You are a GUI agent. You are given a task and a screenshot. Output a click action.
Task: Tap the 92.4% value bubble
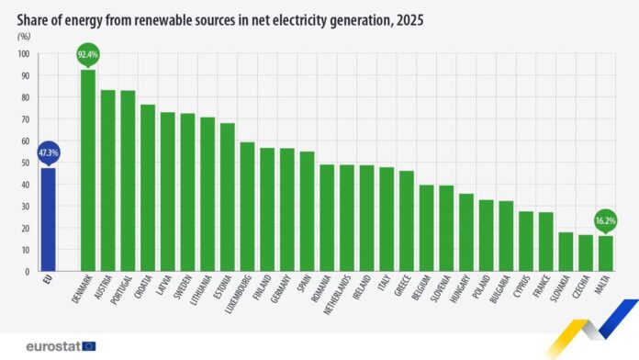coord(88,55)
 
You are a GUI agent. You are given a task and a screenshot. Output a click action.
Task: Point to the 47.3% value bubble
coord(48,152)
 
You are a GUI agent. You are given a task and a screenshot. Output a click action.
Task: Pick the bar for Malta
coord(605,253)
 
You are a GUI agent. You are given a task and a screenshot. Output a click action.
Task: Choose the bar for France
coord(545,242)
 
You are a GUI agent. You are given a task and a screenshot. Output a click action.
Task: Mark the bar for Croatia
coord(148,188)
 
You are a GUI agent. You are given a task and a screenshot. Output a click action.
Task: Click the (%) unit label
coord(24,36)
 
